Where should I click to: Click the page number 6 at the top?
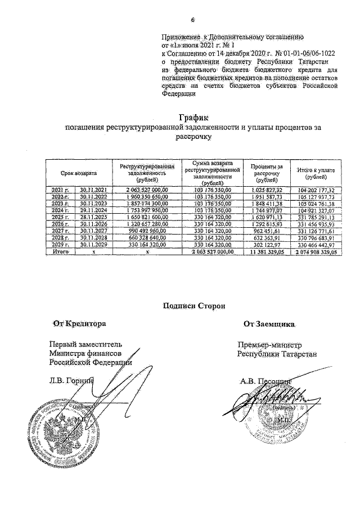[x=192, y=21]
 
